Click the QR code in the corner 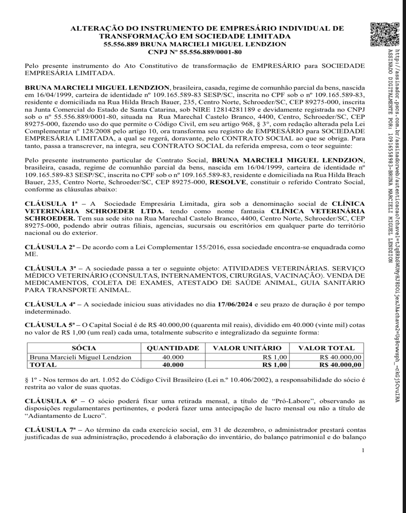pos(385,34)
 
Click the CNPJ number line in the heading pos(195,52)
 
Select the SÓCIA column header pos(84,348)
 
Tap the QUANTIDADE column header pos(173,348)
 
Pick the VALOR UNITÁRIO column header pos(247,348)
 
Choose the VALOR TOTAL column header pos(326,348)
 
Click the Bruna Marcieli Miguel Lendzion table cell pos(80,357)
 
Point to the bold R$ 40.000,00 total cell pos(340,365)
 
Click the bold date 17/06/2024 pos(235,305)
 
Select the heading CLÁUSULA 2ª pos(50,247)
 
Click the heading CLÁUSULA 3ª pos(50,268)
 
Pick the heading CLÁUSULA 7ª pos(50,430)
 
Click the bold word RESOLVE pos(228,182)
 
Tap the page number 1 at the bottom pos(363,450)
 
